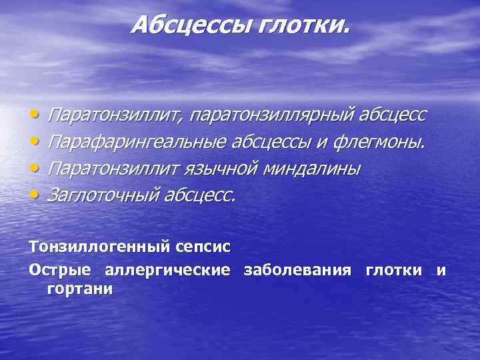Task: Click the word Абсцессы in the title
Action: pyautogui.click(x=181, y=25)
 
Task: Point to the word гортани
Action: pyautogui.click(x=79, y=289)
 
